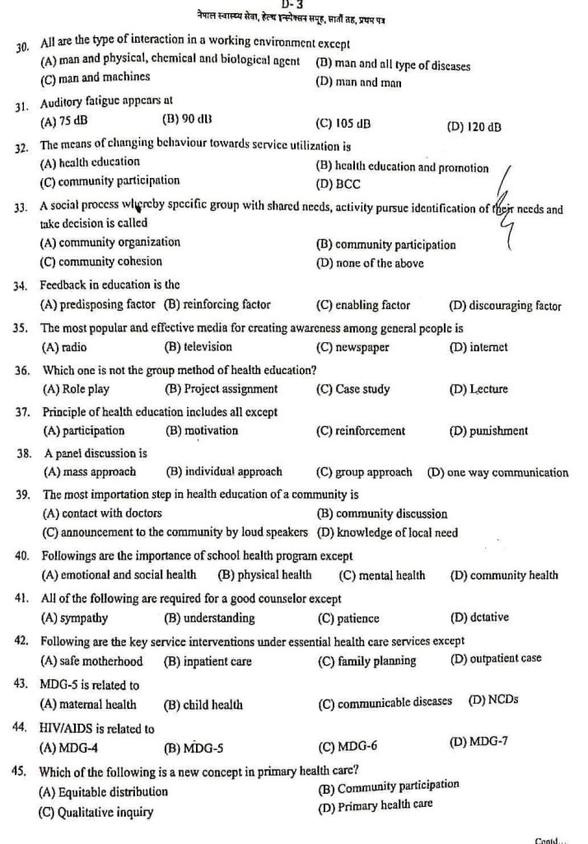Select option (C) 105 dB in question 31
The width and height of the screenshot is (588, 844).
tap(343, 124)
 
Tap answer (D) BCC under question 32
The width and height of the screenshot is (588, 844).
tap(338, 184)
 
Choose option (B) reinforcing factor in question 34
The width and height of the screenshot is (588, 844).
tap(217, 305)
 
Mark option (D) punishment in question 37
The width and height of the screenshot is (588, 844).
tap(488, 430)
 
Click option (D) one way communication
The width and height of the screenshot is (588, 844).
tap(497, 472)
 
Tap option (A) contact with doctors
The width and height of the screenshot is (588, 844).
tap(101, 513)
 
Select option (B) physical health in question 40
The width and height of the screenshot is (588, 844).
tap(264, 575)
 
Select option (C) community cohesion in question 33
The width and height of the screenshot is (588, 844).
tap(103, 264)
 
